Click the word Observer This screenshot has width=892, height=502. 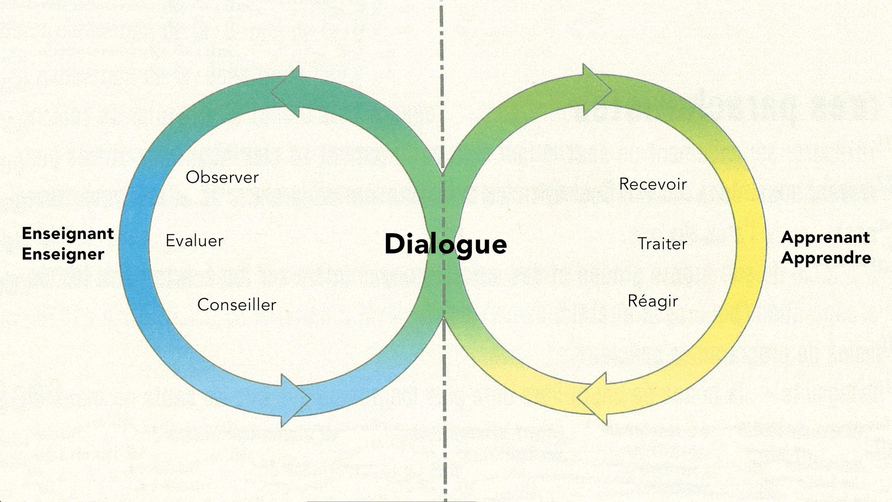pyautogui.click(x=222, y=177)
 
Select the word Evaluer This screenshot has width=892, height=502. pyautogui.click(x=194, y=241)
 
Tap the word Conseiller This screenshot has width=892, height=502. pyautogui.click(x=236, y=304)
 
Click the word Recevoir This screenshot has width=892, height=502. pyautogui.click(x=653, y=184)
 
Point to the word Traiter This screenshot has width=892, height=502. pyautogui.click(x=662, y=244)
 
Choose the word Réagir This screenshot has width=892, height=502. pyautogui.click(x=653, y=301)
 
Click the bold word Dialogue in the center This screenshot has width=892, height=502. pyautogui.click(x=446, y=244)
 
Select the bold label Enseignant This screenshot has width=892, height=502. pyautogui.click(x=68, y=233)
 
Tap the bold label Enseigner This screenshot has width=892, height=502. pyautogui.click(x=63, y=254)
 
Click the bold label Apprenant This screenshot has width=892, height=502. pyautogui.click(x=825, y=237)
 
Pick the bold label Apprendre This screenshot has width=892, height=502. pyautogui.click(x=826, y=258)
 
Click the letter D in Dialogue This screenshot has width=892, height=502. pyautogui.click(x=394, y=244)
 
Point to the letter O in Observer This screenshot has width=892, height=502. pyautogui.click(x=192, y=177)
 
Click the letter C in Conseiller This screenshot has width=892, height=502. pyautogui.click(x=203, y=304)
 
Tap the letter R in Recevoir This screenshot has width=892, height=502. pyautogui.click(x=624, y=184)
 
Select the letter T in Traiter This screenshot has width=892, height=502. pyautogui.click(x=643, y=244)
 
